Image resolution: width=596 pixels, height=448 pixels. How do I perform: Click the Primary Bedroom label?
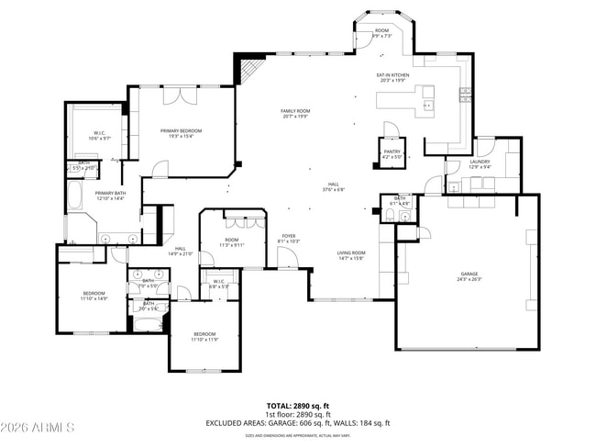(181, 133)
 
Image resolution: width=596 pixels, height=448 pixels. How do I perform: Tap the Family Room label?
(295, 114)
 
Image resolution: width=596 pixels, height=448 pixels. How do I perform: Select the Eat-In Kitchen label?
(392, 77)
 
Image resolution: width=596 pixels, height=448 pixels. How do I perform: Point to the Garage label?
(469, 277)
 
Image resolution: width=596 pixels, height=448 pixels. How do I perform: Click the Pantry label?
(392, 154)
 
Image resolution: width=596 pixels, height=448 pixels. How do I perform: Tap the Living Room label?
(350, 256)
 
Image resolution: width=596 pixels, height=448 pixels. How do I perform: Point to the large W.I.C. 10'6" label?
(100, 135)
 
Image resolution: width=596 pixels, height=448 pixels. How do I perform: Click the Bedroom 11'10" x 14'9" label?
(94, 297)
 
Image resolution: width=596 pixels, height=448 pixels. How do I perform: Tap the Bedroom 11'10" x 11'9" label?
(204, 336)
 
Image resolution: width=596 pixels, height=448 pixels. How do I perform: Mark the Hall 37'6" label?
(332, 187)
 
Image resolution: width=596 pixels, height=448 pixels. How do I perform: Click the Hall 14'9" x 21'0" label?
(181, 251)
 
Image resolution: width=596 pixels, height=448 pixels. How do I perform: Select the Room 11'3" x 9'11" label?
(233, 243)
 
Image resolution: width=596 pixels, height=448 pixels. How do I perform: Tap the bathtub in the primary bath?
(75, 196)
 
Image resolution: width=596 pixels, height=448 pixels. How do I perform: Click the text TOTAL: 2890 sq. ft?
(297, 405)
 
